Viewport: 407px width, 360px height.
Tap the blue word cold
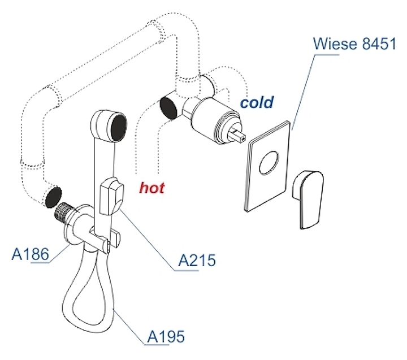(256, 102)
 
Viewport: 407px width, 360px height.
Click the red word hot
(152, 187)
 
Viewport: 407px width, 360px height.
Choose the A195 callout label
(166, 337)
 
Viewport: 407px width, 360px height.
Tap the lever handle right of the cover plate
(308, 198)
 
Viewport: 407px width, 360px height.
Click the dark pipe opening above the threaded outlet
(53, 197)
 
